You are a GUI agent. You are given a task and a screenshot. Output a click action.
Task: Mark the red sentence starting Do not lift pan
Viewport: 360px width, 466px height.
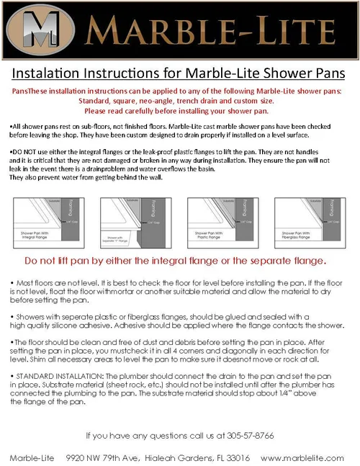pyautogui.click(x=180, y=260)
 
